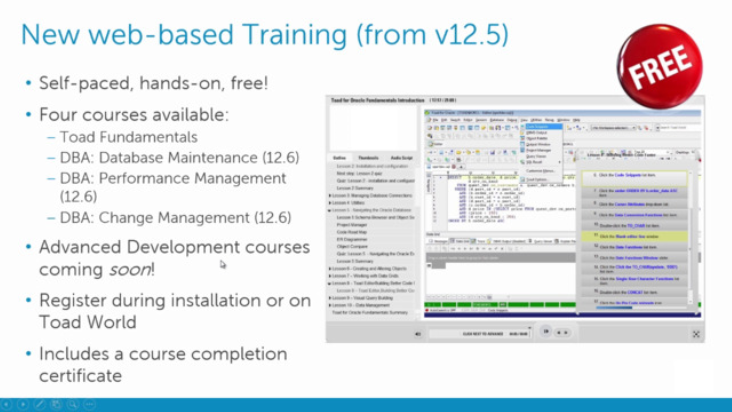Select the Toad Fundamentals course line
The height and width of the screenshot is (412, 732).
[129, 137]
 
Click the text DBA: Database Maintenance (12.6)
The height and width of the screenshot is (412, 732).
[179, 157]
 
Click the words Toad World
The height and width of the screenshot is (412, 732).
[87, 322]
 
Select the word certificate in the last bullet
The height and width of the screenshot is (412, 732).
[80, 376]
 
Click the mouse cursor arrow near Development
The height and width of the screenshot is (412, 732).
[223, 264]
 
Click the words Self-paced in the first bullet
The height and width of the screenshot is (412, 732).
[81, 84]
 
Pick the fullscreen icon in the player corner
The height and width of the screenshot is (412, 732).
[696, 334]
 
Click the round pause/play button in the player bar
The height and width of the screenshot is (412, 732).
[546, 331]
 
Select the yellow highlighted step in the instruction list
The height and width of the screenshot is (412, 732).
[635, 236]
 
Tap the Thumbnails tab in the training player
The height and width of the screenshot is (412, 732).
[368, 158]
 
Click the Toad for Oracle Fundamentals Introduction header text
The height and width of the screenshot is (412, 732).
[378, 101]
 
